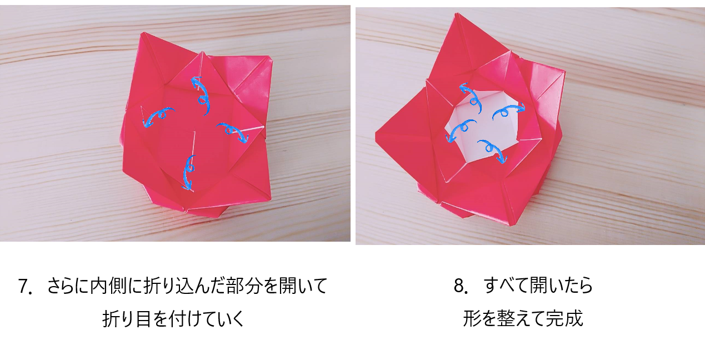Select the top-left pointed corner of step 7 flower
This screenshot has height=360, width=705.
coord(143,33)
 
